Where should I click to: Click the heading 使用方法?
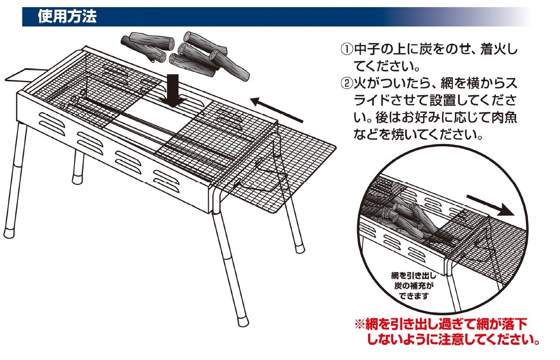click(67, 18)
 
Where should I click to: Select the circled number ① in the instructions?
click(347, 49)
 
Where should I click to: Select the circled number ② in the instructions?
click(347, 83)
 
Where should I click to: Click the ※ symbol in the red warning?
click(360, 325)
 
